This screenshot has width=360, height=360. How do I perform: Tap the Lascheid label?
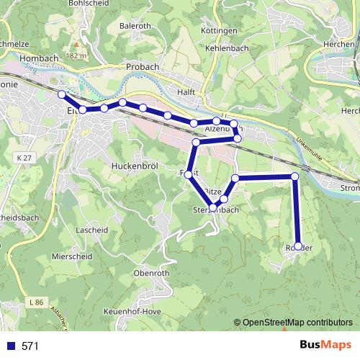[x=91, y=230]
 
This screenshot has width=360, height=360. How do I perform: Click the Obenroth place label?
[x=152, y=274]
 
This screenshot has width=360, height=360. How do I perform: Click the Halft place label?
[x=187, y=91]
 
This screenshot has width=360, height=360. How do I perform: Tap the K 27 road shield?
[x=24, y=157]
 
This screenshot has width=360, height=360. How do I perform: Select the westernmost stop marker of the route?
[x=63, y=94]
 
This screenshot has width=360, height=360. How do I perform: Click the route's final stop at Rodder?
[x=298, y=246]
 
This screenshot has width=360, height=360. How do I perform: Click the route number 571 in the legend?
[x=30, y=346]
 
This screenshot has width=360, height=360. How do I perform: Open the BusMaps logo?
[x=325, y=345]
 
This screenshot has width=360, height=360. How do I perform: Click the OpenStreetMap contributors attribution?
[x=297, y=323]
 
